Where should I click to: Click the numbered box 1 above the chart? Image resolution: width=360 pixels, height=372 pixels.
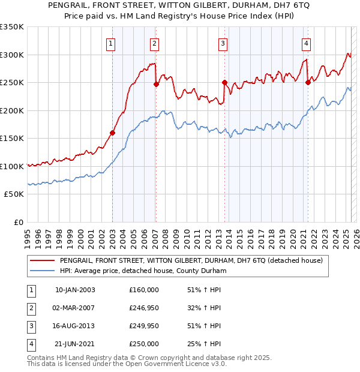coord(112,43)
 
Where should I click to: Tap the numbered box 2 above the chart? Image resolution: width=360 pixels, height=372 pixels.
coord(154,43)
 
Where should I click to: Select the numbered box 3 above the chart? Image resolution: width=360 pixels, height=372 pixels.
coord(223,43)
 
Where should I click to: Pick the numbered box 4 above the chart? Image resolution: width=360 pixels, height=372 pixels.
coord(306,43)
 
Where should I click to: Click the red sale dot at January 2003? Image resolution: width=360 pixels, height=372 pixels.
coord(112,133)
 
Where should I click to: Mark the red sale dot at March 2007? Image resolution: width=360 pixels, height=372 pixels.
coord(156,85)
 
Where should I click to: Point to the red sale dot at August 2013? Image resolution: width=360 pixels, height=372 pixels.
coord(224,83)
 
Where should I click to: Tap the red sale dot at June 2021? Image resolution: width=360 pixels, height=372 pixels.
coord(308,83)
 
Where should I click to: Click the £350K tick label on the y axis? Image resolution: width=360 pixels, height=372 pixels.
coord(11,27)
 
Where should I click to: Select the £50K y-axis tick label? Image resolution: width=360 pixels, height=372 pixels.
coord(14,194)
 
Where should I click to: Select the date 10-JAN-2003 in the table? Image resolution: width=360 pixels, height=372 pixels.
coord(74,290)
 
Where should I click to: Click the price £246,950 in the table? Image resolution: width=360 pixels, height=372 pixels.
coord(144,308)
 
